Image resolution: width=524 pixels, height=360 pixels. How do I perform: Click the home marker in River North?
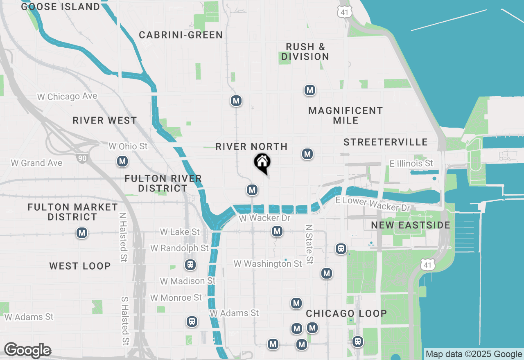click(x=262, y=163)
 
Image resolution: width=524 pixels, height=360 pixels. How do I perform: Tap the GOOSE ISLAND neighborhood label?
click(x=60, y=7)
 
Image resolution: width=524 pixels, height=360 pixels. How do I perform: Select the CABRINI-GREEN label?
click(x=181, y=35)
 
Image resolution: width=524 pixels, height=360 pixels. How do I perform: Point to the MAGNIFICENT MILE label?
click(x=346, y=115)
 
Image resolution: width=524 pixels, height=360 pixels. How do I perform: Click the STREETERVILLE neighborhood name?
click(x=386, y=142)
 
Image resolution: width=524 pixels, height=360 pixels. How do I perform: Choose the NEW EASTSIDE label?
click(x=411, y=225)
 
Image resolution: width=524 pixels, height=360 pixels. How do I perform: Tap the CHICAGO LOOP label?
click(x=346, y=313)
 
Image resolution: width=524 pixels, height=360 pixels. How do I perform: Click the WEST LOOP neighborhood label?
click(x=80, y=266)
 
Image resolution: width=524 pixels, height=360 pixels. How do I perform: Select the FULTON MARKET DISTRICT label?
click(x=72, y=212)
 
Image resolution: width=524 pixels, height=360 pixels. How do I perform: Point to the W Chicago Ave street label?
click(x=67, y=97)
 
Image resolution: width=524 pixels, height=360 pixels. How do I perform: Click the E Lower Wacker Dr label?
click(x=373, y=204)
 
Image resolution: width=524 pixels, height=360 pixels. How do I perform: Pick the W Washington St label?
click(x=268, y=264)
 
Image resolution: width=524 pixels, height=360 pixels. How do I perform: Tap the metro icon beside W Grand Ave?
click(x=122, y=162)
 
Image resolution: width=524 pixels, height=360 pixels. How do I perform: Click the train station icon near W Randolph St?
click(x=190, y=265)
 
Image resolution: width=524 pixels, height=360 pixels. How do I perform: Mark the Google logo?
click(x=27, y=351)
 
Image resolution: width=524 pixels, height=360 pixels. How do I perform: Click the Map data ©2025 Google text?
click(x=474, y=354)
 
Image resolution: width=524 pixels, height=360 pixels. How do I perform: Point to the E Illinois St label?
click(x=411, y=164)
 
